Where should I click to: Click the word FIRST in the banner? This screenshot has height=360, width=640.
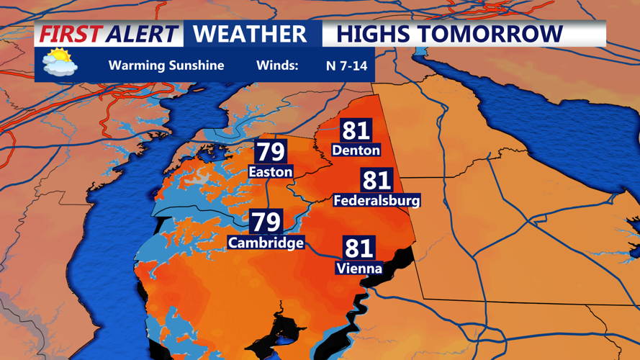71,34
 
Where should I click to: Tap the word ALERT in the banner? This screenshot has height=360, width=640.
141,34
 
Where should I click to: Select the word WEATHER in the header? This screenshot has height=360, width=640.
250,34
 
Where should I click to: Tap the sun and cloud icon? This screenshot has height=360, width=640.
60,63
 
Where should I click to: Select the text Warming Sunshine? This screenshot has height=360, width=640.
166,66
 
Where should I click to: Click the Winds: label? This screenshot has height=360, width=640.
277,66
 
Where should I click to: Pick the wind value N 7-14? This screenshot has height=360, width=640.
346,66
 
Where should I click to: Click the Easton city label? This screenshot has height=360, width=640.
271,171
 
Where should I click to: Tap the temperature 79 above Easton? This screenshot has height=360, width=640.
271,152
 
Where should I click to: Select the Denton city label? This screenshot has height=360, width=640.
356,150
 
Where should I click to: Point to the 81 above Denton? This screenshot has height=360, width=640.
356,130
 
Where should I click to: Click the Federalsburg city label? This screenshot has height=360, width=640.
377,200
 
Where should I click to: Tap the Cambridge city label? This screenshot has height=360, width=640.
266,243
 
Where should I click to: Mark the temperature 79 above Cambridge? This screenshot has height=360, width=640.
266,222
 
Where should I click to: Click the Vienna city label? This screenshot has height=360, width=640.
359,269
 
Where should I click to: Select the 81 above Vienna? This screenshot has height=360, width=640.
359,248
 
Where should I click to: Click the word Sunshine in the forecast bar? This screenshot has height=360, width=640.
196,66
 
